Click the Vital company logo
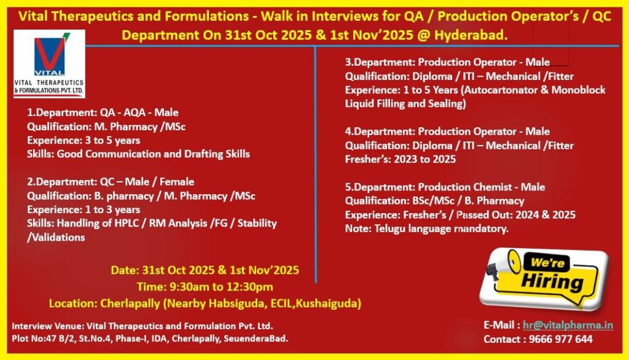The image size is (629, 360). point(49,63)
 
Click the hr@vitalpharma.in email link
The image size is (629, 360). point(568,325)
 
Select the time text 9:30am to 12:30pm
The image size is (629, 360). point(205,286)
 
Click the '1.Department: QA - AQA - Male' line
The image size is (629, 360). point(103,112)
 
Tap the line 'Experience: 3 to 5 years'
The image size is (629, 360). point(84,140)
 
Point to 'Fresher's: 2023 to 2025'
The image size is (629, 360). point(400,159)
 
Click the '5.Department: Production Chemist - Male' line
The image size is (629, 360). point(445,187)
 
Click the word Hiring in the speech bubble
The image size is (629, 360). point(552,283)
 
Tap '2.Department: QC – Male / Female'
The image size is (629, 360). point(111,181)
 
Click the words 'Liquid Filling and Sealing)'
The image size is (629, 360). point(404,103)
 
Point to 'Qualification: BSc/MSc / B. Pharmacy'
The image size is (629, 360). point(434,201)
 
